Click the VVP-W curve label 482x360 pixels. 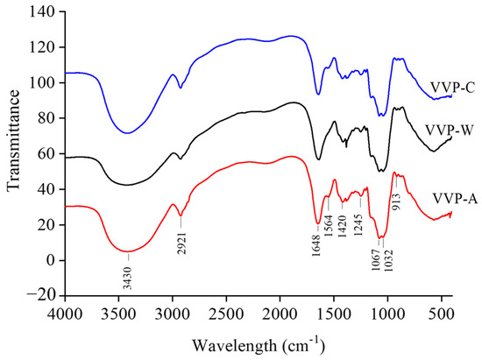450,130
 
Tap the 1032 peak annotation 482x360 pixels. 388,259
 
